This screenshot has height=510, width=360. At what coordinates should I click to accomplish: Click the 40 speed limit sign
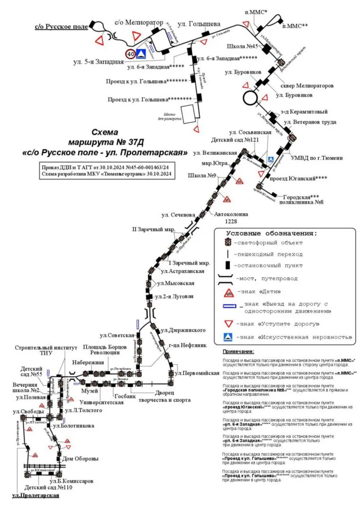tap(130, 53)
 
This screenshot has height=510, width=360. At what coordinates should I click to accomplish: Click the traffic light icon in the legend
tap(228, 242)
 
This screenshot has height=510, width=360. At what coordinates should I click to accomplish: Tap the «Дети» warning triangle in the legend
tap(228, 291)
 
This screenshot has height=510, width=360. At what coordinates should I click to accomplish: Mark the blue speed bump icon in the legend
tap(228, 337)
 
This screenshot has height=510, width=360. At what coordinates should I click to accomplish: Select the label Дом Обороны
tap(81, 458)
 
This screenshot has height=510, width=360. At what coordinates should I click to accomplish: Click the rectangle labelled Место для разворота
tap(188, 113)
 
